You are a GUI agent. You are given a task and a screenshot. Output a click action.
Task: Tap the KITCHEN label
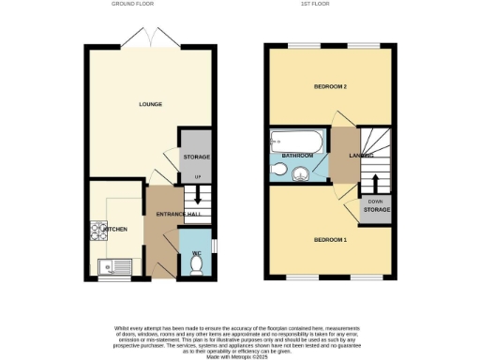[x=114, y=229]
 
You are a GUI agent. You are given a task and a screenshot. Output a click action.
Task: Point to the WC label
[x=196, y=253]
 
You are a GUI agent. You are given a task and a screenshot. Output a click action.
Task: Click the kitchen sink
[x=118, y=266]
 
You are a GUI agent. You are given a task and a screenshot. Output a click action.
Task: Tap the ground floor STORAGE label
[x=196, y=157]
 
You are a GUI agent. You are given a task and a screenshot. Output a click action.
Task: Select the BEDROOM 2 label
[x=330, y=87]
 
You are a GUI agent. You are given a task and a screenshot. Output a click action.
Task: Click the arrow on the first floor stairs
[x=377, y=181]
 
